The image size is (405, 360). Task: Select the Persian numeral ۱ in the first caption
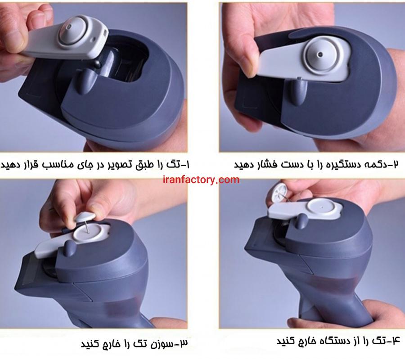[x=187, y=165]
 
